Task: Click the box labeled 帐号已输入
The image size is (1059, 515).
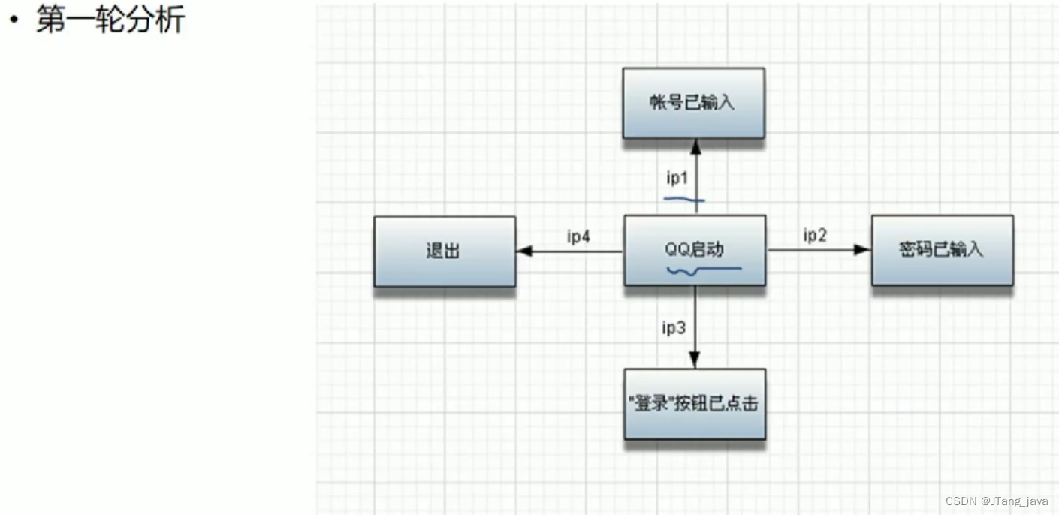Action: [693, 103]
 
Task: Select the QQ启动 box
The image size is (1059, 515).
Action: [695, 250]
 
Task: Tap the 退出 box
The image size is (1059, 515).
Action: [445, 251]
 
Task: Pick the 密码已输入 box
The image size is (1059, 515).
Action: [942, 250]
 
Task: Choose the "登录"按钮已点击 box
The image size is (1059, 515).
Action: [695, 404]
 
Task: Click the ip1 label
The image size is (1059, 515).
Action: [677, 178]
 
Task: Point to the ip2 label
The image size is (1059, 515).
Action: [815, 236]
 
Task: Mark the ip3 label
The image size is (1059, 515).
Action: [674, 327]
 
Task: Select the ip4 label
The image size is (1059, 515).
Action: [578, 237]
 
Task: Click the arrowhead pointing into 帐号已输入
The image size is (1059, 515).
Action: [695, 145]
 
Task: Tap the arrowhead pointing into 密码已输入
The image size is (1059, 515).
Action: [862, 250]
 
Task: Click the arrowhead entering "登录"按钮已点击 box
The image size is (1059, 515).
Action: [695, 361]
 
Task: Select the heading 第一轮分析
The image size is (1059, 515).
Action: [110, 20]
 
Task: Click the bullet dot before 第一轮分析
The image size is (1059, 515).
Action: [14, 21]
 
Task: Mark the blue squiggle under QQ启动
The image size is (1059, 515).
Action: [703, 270]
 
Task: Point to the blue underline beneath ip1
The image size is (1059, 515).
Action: [684, 200]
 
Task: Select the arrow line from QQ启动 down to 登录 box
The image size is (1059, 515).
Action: [695, 323]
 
